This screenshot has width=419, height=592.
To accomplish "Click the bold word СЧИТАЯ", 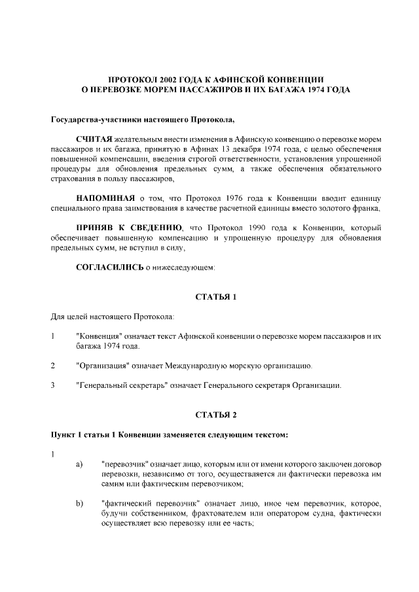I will (94, 140).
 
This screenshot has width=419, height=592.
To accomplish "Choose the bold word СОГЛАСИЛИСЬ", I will (109, 267).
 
